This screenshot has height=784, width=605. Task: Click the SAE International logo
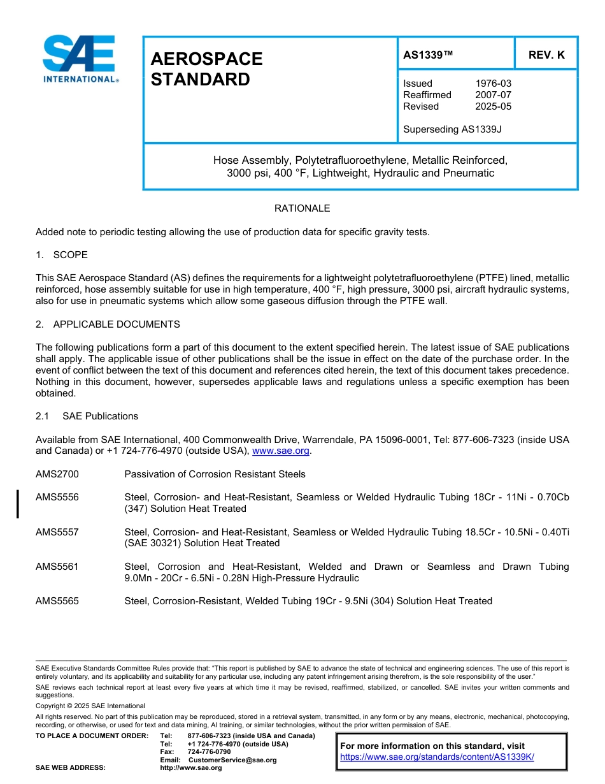pyautogui.click(x=80, y=59)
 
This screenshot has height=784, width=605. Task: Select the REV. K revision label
pyautogui.click(x=546, y=55)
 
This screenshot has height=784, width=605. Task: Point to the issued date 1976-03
pyautogui.click(x=493, y=83)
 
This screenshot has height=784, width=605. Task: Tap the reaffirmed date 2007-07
pyautogui.click(x=493, y=95)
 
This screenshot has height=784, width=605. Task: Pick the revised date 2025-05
pyautogui.click(x=493, y=106)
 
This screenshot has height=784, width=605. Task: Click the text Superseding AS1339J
pyautogui.click(x=452, y=129)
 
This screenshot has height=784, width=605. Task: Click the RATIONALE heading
pyautogui.click(x=302, y=208)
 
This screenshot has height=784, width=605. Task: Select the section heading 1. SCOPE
pyautogui.click(x=62, y=255)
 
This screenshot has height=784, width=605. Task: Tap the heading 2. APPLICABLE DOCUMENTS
pyautogui.click(x=108, y=324)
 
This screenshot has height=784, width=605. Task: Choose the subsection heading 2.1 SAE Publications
pyautogui.click(x=87, y=416)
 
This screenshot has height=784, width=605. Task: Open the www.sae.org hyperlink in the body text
pyautogui.click(x=281, y=451)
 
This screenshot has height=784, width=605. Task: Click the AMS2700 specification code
pyautogui.click(x=57, y=474)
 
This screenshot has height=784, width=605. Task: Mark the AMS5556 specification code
pyautogui.click(x=57, y=497)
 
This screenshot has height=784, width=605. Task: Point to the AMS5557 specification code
pyautogui.click(x=57, y=532)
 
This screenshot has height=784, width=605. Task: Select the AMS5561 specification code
pyautogui.click(x=57, y=567)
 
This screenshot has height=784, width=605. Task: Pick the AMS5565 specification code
pyautogui.click(x=57, y=601)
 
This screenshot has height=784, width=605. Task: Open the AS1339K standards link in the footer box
pyautogui.click(x=437, y=757)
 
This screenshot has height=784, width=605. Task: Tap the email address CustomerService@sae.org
pyautogui.click(x=232, y=760)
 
